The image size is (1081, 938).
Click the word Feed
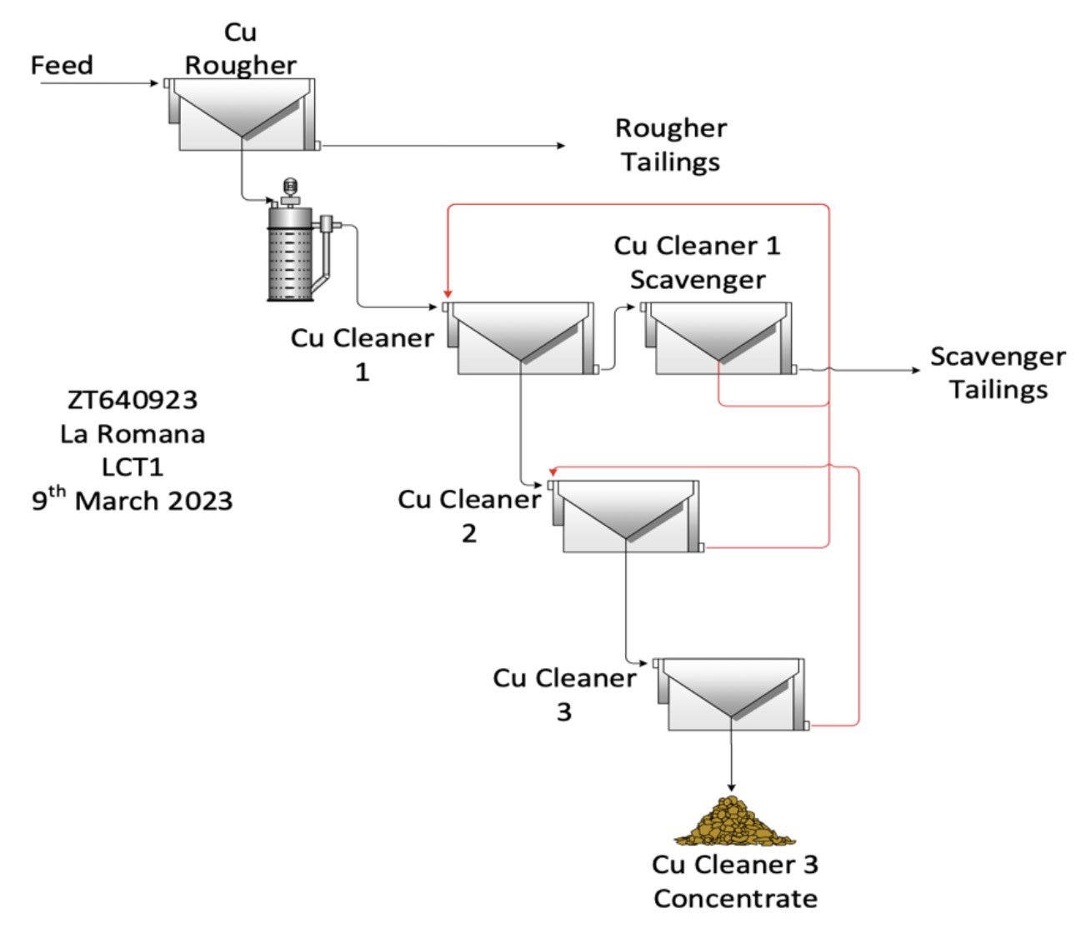tap(62, 65)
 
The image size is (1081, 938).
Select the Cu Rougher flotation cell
tap(242, 114)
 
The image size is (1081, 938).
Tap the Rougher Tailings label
tap(670, 145)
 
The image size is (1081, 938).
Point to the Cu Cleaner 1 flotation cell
tap(521, 337)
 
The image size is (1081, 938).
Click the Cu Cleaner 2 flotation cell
tap(626, 516)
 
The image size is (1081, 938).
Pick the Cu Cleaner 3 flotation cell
tap(732, 694)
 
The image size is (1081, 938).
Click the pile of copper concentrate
tap(733, 822)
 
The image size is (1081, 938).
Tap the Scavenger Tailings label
tap(998, 372)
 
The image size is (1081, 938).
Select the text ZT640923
tap(133, 400)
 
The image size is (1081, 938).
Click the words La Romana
tap(133, 434)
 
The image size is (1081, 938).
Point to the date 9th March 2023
tap(133, 500)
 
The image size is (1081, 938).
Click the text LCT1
tap(133, 467)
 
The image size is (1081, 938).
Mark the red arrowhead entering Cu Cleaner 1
tap(448, 293)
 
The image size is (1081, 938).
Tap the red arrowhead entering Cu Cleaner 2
tap(553, 472)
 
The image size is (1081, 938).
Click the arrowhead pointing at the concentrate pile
tap(732, 787)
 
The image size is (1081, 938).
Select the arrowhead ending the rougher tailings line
tap(562, 146)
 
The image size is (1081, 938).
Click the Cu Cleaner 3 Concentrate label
tap(735, 881)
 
